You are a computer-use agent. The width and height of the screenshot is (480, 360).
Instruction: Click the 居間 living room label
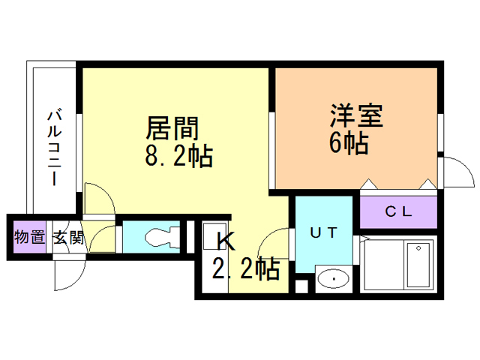pyautogui.click(x=172, y=128)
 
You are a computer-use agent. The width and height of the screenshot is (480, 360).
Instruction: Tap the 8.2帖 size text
pyautogui.click(x=178, y=157)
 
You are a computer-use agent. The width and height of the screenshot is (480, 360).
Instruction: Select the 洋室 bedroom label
pyautogui.click(x=357, y=115)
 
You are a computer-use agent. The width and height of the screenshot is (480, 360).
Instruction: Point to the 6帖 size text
pyautogui.click(x=349, y=143)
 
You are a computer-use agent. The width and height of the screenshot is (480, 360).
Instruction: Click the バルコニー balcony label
pyautogui.click(x=55, y=148)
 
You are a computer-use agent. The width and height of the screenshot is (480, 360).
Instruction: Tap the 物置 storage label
pyautogui.click(x=30, y=237)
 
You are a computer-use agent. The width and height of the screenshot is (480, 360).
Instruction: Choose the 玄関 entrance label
pyautogui.click(x=69, y=238)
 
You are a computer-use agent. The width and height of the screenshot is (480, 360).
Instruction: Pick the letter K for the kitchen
pyautogui.click(x=226, y=241)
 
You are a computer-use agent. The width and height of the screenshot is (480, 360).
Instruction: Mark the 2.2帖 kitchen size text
pyautogui.click(x=246, y=268)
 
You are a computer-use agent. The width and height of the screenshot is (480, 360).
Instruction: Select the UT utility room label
pyautogui.click(x=323, y=233)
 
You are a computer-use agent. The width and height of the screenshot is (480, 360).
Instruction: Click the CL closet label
pyautogui.click(x=398, y=211)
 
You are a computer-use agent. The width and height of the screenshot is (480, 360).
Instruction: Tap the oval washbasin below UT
pyautogui.click(x=333, y=279)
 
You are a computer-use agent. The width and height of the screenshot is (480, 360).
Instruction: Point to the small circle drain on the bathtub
pyautogui.click(x=418, y=248)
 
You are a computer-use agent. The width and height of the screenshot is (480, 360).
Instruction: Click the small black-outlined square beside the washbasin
pyautogui.click(x=301, y=286)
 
